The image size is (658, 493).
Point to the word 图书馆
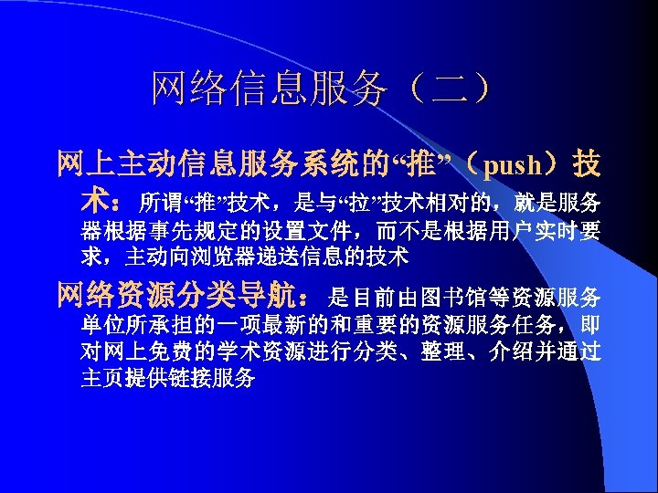tap(454, 297)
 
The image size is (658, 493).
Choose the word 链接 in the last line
tap(190, 378)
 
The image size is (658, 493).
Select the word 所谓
tap(161, 201)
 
